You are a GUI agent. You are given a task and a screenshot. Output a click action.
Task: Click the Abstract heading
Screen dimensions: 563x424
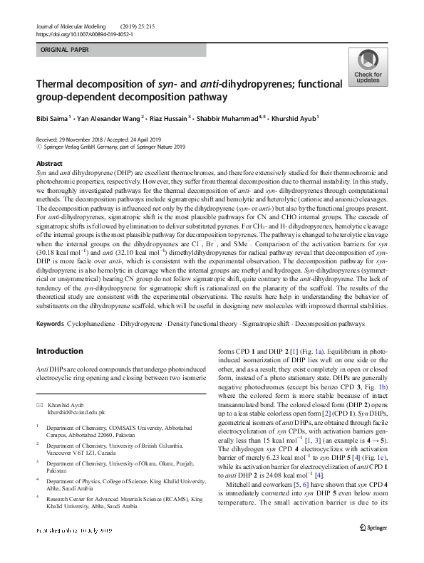(x=48, y=164)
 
